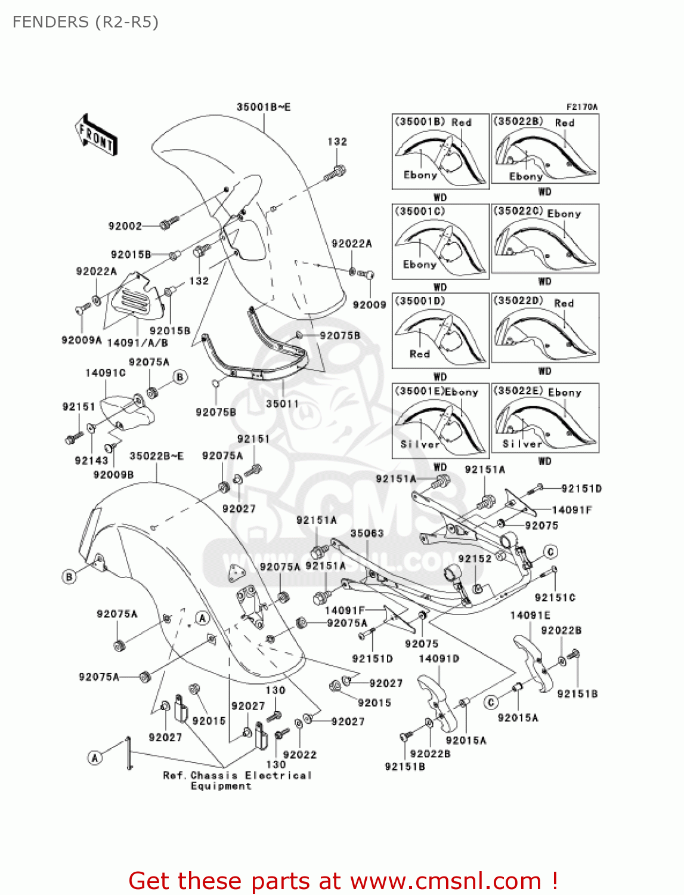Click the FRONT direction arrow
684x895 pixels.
[x=95, y=135]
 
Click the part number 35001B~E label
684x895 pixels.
[x=263, y=107]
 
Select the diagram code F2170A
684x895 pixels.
[x=581, y=107]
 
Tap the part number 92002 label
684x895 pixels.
[x=125, y=226]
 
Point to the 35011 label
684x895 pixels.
[x=282, y=404]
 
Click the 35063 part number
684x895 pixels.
[x=367, y=533]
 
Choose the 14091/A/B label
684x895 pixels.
[x=137, y=343]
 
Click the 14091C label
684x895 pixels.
[x=106, y=373]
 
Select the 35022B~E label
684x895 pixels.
[x=156, y=456]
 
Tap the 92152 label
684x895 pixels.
[x=475, y=559]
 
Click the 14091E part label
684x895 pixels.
[x=530, y=615]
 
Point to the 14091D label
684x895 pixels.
[x=439, y=659]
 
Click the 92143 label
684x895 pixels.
[x=91, y=461]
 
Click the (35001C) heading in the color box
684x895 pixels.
[x=419, y=211]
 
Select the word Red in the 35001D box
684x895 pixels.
[x=420, y=354]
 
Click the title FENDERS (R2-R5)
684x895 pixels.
[x=85, y=22]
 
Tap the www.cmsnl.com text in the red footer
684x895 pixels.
[x=445, y=881]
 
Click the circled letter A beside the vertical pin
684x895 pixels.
[x=95, y=758]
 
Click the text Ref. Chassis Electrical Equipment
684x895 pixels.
[x=237, y=780]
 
